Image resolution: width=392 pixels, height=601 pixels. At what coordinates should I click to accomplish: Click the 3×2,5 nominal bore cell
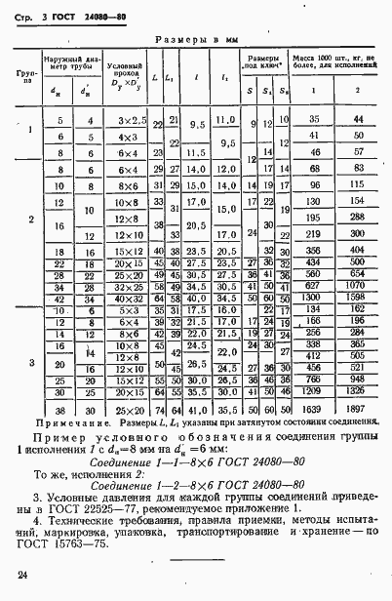click(x=129, y=120)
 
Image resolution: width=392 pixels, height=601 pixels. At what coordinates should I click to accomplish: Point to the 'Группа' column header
click(x=24, y=77)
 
